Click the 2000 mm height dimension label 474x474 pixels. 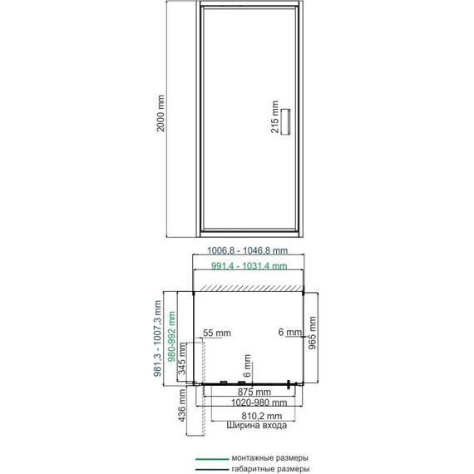coord(160,113)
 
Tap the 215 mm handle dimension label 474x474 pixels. coord(274,116)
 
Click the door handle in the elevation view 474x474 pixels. coord(286,121)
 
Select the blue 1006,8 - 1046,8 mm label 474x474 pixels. coord(247,250)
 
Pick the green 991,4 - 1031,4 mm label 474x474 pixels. coord(249,266)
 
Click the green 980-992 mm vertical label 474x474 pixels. coord(171,337)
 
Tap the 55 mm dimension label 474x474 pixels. coord(217,333)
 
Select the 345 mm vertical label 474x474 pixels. coord(182,358)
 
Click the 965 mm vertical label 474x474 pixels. coord(312,333)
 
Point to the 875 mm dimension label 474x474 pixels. coord(254,392)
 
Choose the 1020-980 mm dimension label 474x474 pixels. coord(259,402)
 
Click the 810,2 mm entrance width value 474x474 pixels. coord(261,416)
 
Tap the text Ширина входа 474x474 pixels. coord(257,425)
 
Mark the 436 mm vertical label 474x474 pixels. coord(181,405)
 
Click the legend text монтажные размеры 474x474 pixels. coord(270,458)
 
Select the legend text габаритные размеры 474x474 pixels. coord(270,469)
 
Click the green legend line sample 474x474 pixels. coord(211,459)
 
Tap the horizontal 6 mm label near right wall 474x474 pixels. coord(289,332)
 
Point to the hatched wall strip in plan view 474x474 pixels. coord(250,288)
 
